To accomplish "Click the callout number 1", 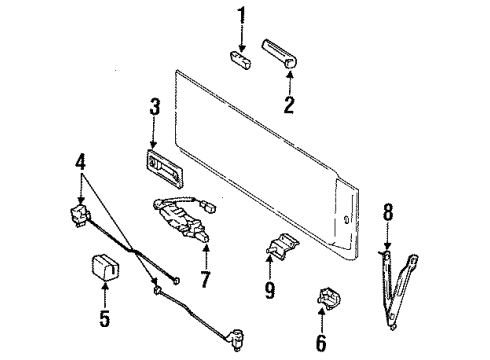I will tap(241, 14).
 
